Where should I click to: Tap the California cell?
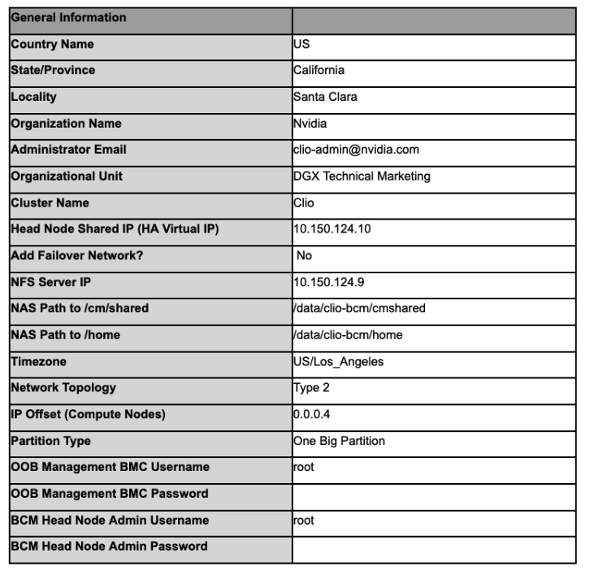(319, 70)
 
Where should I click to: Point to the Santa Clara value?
(325, 97)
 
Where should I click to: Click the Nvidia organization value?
(310, 124)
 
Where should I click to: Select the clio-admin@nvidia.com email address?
(356, 150)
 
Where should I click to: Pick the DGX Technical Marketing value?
(362, 176)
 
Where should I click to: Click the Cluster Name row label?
(50, 203)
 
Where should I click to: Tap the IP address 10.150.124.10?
(332, 229)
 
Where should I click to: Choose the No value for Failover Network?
(304, 255)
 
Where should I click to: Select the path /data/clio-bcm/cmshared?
(359, 308)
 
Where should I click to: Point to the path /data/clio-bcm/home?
(348, 334)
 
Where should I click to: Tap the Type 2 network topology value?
(311, 387)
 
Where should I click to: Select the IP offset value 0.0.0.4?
(310, 414)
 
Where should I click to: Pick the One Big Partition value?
(339, 441)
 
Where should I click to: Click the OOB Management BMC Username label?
(110, 467)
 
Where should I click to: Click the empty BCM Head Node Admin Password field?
(433, 547)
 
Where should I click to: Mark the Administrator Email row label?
(68, 150)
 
